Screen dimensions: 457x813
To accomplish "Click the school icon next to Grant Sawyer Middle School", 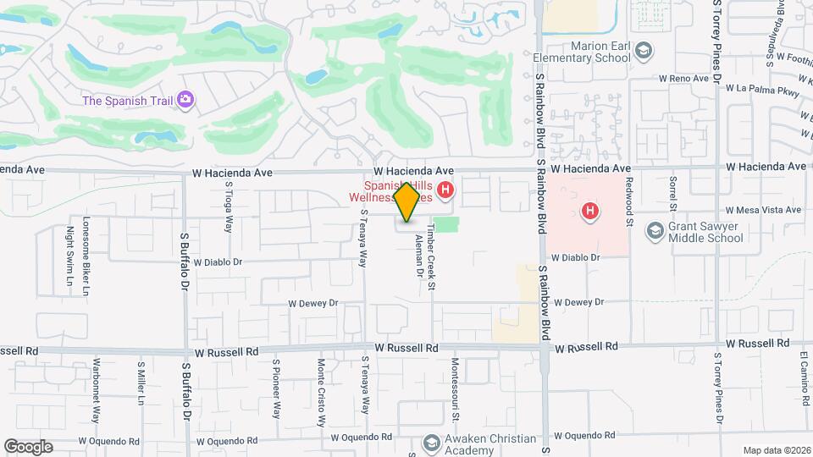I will pyautogui.click(x=655, y=231).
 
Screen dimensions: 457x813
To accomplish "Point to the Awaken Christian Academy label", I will pyautogui.click(x=491, y=444).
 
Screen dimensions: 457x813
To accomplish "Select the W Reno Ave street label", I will pyautogui.click(x=684, y=79).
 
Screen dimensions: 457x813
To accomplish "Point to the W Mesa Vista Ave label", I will pyautogui.click(x=763, y=210).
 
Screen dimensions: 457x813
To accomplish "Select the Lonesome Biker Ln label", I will pyautogui.click(x=86, y=246).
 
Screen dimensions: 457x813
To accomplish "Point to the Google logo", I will pyautogui.click(x=28, y=447).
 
